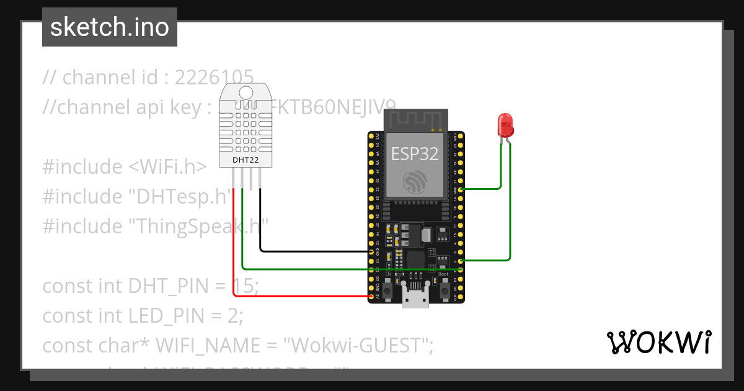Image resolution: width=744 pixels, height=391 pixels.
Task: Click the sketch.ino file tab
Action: point(110,27)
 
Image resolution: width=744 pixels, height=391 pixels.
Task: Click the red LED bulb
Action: point(505,124)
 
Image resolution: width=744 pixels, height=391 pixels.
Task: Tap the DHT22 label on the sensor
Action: point(246,160)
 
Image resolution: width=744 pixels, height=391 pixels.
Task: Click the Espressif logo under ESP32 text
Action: point(415,182)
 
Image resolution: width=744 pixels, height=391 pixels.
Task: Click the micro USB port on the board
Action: point(415,298)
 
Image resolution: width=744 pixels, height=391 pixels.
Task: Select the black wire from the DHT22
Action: point(310,251)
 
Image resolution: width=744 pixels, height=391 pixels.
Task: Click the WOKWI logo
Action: point(658,343)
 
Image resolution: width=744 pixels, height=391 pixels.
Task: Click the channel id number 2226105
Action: point(214,78)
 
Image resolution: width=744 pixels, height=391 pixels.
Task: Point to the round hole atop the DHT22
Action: point(246,93)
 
